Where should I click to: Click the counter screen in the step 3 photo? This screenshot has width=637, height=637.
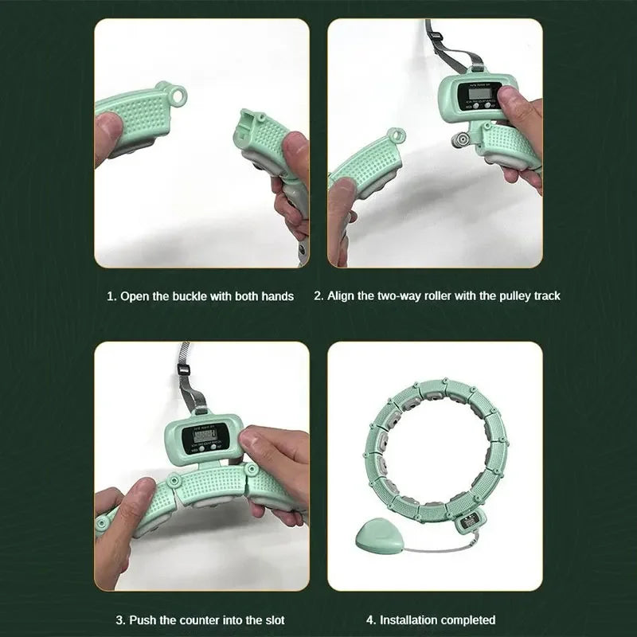[x=205, y=437]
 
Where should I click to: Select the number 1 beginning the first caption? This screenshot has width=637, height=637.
[x=111, y=296]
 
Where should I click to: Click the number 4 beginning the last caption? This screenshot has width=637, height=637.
[x=369, y=620]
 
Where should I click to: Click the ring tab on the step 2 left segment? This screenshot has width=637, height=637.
[x=396, y=136]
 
